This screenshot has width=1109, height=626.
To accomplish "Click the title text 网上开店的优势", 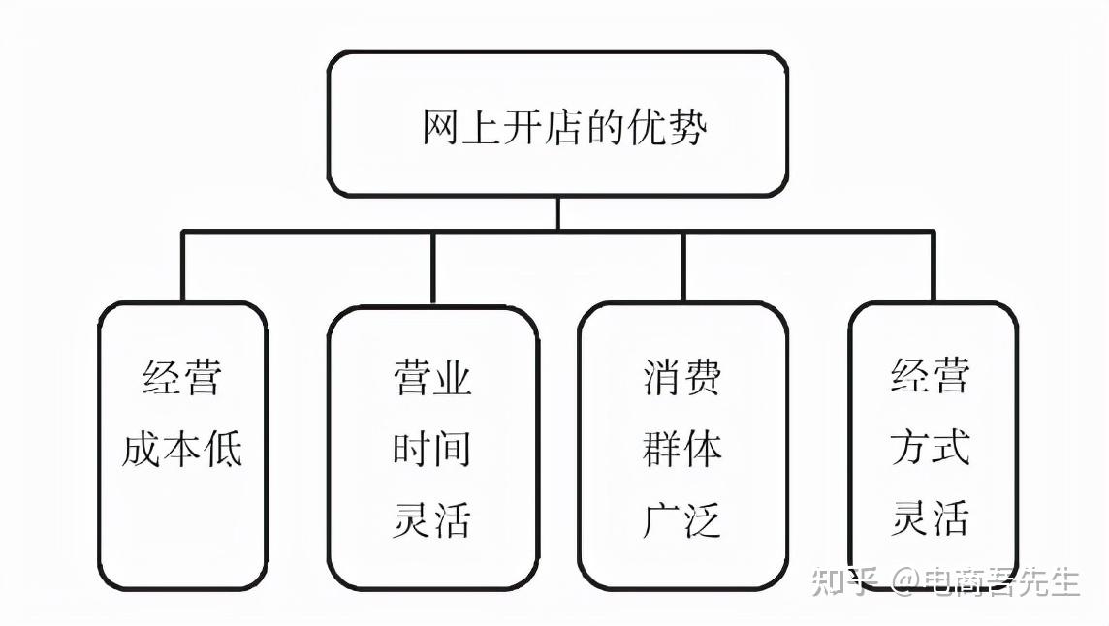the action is click(563, 128).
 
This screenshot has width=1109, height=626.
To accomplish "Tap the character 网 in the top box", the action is click(441, 128).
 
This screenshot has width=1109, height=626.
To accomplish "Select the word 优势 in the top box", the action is click(667, 128).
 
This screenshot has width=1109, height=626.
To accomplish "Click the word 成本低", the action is click(182, 449).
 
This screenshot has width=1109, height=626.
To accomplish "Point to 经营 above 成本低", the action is click(182, 377).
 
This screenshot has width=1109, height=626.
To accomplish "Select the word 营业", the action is click(432, 377).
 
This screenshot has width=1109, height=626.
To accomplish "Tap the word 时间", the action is click(432, 449).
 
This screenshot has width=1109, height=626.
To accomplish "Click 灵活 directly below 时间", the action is click(432, 519).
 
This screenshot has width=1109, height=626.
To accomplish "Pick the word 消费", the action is click(681, 377).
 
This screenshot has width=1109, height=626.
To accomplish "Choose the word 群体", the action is click(681, 449).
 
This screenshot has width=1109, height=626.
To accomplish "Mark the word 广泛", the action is click(681, 519).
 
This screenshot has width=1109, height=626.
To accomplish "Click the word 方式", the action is click(930, 447).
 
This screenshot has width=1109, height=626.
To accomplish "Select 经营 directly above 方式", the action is click(930, 375).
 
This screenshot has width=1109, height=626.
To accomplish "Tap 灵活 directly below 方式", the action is click(930, 517).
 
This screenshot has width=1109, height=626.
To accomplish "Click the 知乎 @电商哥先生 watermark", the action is click(945, 581).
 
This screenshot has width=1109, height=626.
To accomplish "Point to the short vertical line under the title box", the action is click(558, 213).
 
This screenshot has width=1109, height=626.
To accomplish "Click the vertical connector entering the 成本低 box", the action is click(182, 266).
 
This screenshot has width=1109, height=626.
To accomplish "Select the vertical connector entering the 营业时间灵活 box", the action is click(433, 268).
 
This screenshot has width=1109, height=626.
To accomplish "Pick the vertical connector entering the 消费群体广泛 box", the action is click(683, 266).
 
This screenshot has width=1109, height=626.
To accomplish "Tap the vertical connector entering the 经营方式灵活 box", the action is click(933, 266).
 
